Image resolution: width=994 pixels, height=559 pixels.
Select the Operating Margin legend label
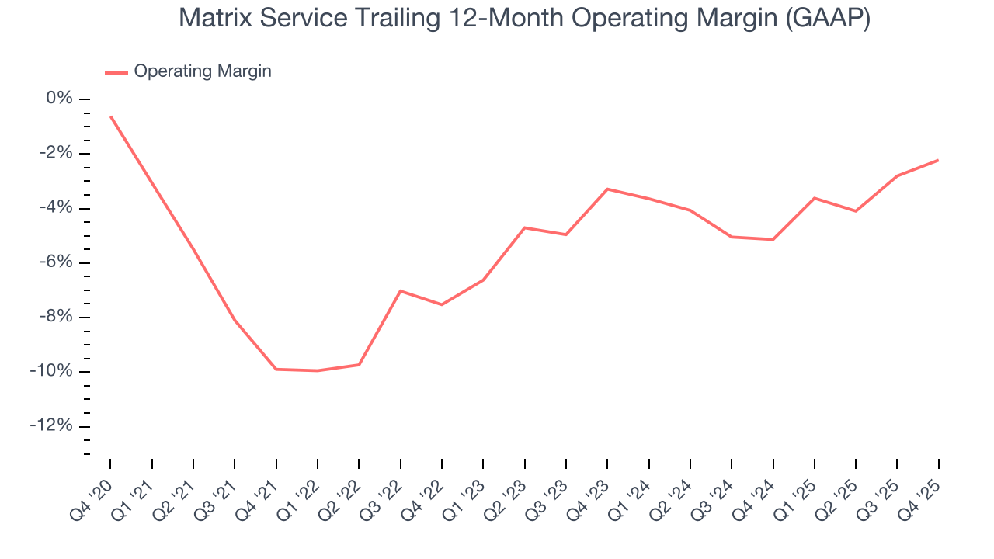203,71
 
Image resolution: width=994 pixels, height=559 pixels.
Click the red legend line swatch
116,72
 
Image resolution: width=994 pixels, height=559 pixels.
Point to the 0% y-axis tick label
60,99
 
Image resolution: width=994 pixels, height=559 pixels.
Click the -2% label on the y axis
56,153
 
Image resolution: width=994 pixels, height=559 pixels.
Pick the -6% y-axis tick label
56,262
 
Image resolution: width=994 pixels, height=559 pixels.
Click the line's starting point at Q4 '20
111,117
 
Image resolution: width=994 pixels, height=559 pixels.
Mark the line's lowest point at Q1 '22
318,370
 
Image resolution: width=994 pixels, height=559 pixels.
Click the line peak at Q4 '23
607,189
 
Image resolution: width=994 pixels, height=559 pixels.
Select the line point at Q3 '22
400,291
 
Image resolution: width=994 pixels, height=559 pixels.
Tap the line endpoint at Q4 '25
938,160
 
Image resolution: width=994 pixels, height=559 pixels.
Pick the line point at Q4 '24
773,239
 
